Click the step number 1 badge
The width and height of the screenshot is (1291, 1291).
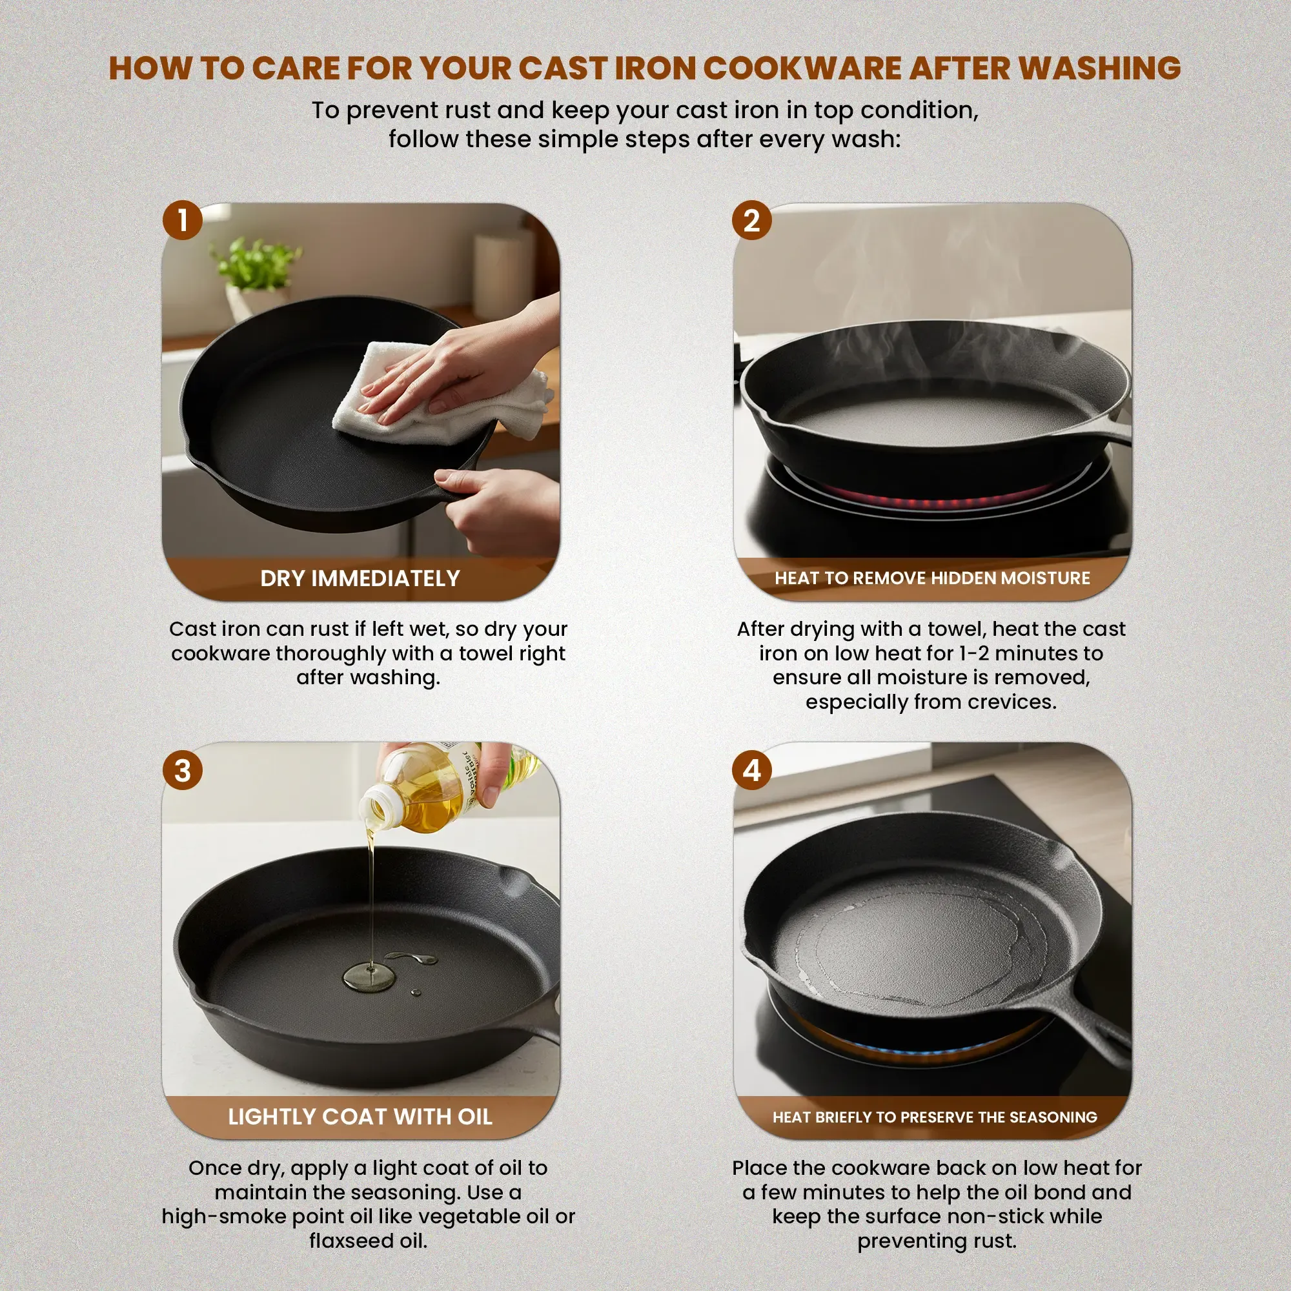(x=183, y=221)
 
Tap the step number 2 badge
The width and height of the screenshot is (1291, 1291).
(x=752, y=221)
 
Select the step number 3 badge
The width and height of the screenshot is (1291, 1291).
(x=183, y=771)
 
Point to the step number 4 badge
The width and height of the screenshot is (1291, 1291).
(x=752, y=771)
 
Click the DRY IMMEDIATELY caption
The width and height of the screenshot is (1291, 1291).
(x=360, y=578)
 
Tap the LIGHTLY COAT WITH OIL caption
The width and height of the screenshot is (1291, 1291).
(x=360, y=1117)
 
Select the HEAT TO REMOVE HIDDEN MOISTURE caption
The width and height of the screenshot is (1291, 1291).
(x=932, y=578)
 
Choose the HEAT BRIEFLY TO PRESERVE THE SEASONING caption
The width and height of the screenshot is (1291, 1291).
(x=934, y=1117)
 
